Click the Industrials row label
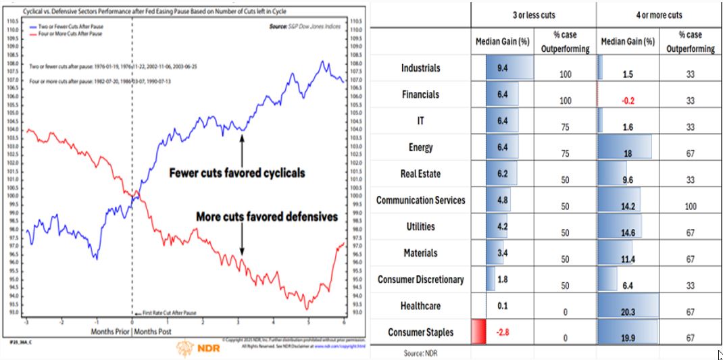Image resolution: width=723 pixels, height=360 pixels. (x=420, y=68)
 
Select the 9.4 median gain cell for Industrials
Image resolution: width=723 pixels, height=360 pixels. (x=502, y=68)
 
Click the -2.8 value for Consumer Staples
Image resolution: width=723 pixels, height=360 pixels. (x=502, y=332)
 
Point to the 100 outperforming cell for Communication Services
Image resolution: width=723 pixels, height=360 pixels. (x=690, y=207)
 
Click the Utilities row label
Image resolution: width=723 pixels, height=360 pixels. (x=420, y=227)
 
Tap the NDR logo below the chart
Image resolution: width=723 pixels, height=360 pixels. (x=191, y=349)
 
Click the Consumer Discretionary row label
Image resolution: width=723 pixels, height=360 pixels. (x=420, y=280)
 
